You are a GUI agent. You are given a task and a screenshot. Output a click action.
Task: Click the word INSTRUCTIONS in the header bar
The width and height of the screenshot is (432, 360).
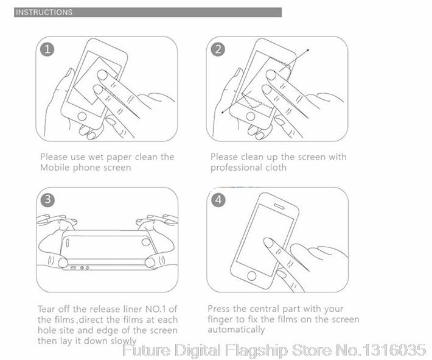[x=44, y=12]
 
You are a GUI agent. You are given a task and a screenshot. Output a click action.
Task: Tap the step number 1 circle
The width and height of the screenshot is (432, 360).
[x=47, y=49]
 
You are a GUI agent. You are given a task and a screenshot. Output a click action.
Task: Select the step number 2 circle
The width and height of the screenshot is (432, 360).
[x=218, y=49]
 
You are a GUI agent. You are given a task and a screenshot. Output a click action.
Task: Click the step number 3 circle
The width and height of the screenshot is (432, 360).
[x=47, y=199]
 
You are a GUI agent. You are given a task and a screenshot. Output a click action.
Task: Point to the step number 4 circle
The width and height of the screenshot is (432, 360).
[x=218, y=199]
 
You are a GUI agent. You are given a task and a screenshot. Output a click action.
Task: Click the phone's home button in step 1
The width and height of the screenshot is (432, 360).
[x=82, y=116]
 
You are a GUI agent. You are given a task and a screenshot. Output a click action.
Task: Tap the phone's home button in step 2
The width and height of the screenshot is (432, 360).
[x=251, y=116]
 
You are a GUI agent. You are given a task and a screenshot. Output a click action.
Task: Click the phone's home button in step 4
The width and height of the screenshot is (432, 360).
[x=251, y=275]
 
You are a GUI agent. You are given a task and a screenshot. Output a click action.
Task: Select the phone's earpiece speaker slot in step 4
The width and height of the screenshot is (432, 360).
[x=279, y=206]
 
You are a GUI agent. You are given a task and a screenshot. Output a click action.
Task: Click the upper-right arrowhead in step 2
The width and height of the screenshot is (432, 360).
[x=308, y=50]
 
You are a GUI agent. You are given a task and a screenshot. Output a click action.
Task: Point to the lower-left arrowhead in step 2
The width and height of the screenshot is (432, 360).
[x=223, y=112]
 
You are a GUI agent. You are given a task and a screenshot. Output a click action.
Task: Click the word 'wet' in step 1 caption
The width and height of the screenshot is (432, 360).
[x=96, y=157]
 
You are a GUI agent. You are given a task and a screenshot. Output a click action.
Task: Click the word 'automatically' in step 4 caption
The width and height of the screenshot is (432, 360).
[x=236, y=330]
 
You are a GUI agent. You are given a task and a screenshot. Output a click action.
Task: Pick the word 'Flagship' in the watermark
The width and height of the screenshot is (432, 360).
[x=256, y=350]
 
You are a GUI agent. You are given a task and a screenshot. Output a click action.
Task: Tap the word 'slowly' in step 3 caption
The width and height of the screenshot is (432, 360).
[x=124, y=341]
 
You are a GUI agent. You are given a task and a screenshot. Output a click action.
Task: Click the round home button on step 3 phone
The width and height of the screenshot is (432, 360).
[x=145, y=242]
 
